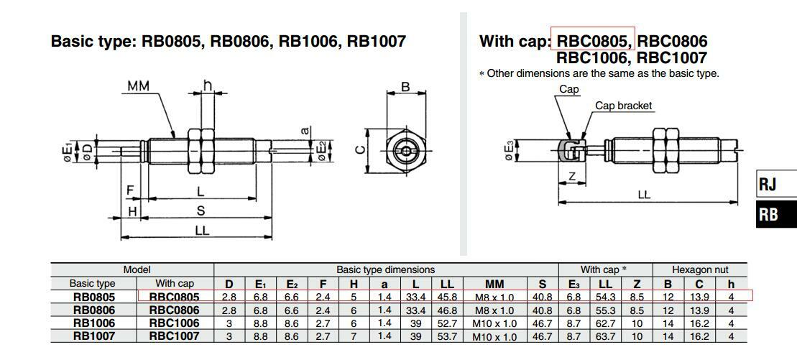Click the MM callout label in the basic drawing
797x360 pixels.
(138, 86)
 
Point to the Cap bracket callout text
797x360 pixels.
(623, 106)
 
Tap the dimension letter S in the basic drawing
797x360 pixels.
(202, 211)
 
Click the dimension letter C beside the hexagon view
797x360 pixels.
(361, 150)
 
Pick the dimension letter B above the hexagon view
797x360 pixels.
(405, 87)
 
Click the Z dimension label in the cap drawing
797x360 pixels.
(572, 177)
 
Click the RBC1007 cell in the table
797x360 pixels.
(174, 336)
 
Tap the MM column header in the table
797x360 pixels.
(494, 284)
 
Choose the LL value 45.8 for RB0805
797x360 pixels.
(446, 297)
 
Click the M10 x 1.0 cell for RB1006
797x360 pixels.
(494, 323)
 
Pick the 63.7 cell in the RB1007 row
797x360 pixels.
(605, 336)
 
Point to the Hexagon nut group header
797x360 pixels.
(700, 270)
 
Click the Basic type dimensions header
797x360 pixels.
(385, 270)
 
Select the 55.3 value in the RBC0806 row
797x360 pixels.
(605, 310)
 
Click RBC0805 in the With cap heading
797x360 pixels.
(594, 41)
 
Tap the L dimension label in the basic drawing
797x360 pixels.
(201, 192)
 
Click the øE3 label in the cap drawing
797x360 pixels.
(511, 152)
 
